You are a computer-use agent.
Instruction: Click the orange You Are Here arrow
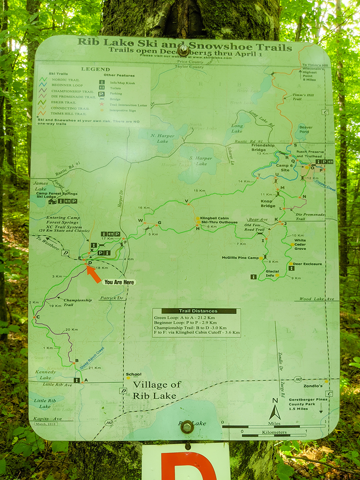pyautogui.click(x=93, y=274)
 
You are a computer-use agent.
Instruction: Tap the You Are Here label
pyautogui.click(x=119, y=282)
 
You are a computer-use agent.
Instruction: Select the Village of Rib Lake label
pyautogui.click(x=156, y=390)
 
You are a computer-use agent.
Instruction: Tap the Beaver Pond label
pyautogui.click(x=306, y=130)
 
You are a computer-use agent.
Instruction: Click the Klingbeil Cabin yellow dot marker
pyautogui.click(x=198, y=218)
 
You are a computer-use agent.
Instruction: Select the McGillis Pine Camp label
pyautogui.click(x=240, y=258)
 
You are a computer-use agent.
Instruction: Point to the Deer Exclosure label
pyautogui.click(x=307, y=264)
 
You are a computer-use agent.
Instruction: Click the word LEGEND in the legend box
pyautogui.click(x=95, y=69)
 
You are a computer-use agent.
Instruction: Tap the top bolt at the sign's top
pyautogui.click(x=184, y=50)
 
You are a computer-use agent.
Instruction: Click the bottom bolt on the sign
pyautogui.click(x=187, y=426)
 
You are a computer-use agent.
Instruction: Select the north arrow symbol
pyautogui.click(x=275, y=412)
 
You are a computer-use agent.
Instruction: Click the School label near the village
pyautogui.click(x=133, y=374)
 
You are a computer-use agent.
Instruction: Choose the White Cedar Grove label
pyautogui.click(x=300, y=244)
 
